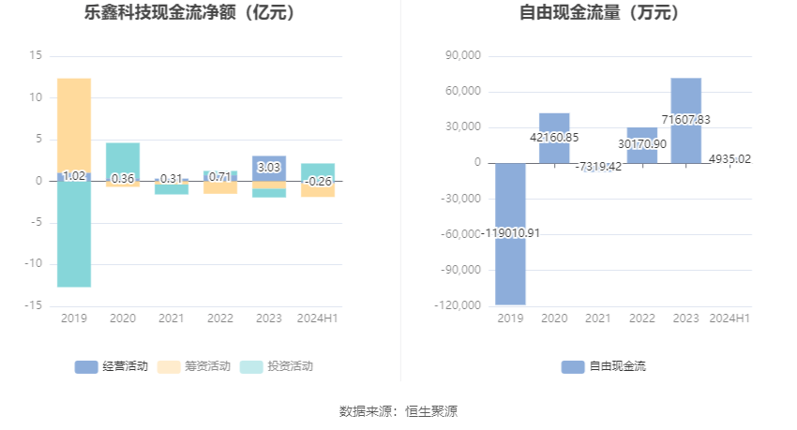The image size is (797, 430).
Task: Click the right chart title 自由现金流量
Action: point(599,13)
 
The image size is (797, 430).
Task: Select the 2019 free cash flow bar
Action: point(511,234)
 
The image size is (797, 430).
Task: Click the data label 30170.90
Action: point(642,144)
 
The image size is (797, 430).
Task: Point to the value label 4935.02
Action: point(729,159)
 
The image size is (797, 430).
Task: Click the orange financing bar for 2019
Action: point(74,122)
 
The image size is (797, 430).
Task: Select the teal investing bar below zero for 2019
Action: point(74,234)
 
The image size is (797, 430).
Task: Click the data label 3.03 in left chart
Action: point(269,168)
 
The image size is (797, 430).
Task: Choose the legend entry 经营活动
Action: point(112,366)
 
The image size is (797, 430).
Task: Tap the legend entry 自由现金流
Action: point(605,366)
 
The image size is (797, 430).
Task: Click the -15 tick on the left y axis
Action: point(35,305)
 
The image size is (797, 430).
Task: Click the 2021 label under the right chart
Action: point(598,319)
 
